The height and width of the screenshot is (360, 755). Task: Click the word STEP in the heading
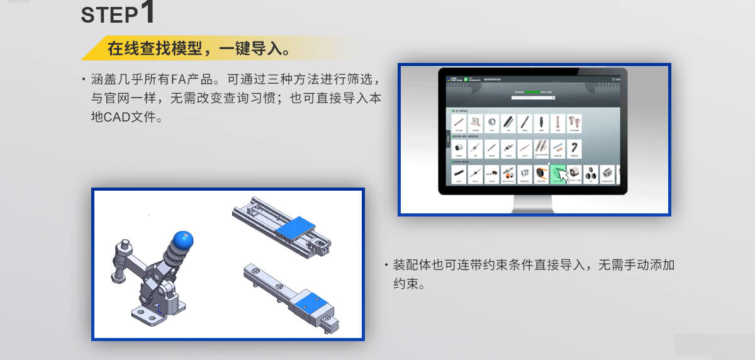(108, 16)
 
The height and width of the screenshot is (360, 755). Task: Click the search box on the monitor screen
(534, 98)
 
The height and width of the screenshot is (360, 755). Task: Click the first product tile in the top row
(459, 122)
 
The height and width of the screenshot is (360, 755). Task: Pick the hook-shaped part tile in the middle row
(574, 149)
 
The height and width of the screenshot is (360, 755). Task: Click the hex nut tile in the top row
(491, 122)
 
